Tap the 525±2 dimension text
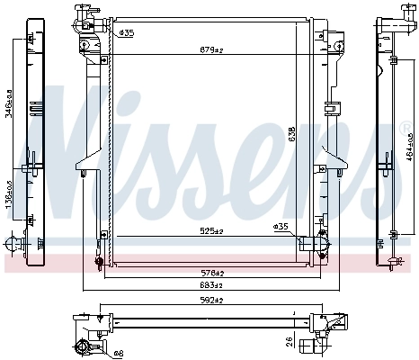(209, 230)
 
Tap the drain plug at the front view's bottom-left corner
(98, 262)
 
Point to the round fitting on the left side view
(12, 243)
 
